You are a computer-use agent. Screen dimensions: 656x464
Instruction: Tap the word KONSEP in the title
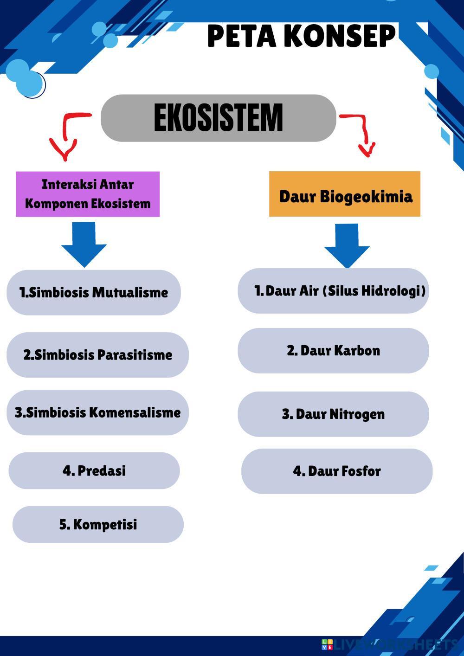tap(339, 36)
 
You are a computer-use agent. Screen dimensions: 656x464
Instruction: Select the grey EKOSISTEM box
tap(218, 118)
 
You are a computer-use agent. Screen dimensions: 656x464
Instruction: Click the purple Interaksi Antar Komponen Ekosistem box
tap(88, 194)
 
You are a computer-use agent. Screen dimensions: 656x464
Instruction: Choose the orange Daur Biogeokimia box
tap(345, 194)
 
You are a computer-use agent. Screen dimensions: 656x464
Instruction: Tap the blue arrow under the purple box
tap(84, 244)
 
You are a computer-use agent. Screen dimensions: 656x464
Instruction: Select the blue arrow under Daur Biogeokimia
tap(347, 245)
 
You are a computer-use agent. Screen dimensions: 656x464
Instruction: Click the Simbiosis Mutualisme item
tap(93, 293)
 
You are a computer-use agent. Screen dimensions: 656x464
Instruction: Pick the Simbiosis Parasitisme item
tap(97, 355)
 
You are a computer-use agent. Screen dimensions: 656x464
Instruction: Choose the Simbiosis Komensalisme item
tap(97, 412)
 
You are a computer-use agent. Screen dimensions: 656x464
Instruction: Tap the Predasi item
tap(94, 470)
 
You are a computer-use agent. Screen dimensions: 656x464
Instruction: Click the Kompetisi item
tap(98, 524)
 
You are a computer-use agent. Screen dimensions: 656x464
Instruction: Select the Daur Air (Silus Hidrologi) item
tap(333, 291)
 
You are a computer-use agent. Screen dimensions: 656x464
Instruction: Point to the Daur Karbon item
tap(333, 351)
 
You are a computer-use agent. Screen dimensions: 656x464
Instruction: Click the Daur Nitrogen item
tap(333, 414)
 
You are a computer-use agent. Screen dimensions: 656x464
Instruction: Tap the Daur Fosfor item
tap(337, 471)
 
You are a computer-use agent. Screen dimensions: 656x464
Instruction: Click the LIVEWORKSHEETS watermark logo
tap(327, 644)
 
